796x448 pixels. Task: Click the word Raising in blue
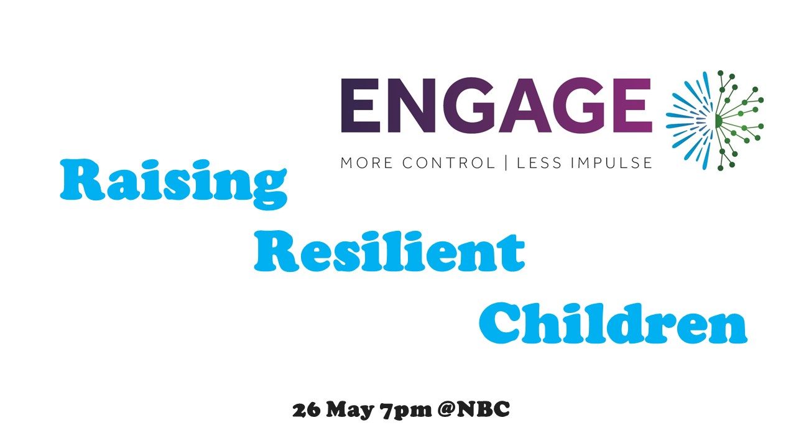click(x=174, y=184)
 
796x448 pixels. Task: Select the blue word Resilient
click(x=389, y=251)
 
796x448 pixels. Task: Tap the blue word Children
click(x=613, y=323)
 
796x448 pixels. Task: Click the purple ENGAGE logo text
click(x=496, y=105)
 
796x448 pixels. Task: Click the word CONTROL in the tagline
click(x=448, y=163)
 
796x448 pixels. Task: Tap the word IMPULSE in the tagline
click(x=611, y=163)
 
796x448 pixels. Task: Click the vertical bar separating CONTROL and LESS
click(x=506, y=163)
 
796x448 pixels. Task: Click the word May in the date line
click(x=350, y=411)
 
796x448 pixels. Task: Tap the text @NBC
click(x=474, y=409)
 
